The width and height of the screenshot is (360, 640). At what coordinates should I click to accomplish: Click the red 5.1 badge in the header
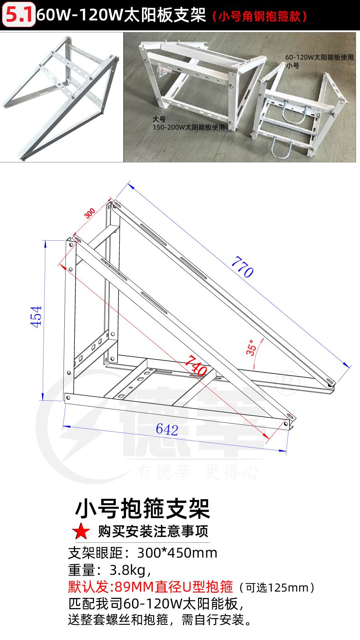pyautogui.click(x=18, y=14)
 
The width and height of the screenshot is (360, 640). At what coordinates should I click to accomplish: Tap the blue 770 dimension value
pyautogui.click(x=242, y=267)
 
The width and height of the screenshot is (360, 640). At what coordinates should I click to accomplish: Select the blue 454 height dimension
pyautogui.click(x=36, y=316)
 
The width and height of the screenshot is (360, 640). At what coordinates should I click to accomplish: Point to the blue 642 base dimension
pyautogui.click(x=167, y=430)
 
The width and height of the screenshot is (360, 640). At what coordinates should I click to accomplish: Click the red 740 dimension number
pyautogui.click(x=196, y=366)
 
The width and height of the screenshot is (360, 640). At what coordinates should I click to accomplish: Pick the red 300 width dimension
pyautogui.click(x=90, y=213)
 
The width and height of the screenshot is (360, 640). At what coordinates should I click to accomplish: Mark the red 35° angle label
pyautogui.click(x=251, y=348)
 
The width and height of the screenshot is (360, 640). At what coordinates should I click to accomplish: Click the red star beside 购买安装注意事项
pyautogui.click(x=81, y=531)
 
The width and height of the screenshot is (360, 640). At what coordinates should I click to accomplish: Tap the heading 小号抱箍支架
pyautogui.click(x=142, y=508)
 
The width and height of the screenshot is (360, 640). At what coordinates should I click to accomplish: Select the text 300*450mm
pyautogui.click(x=177, y=553)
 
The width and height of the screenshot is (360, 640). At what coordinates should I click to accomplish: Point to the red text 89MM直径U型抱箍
pyautogui.click(x=174, y=587)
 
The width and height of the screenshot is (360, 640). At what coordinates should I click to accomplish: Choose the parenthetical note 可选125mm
pyautogui.click(x=277, y=588)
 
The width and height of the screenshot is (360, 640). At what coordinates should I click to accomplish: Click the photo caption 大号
pyautogui.click(x=159, y=120)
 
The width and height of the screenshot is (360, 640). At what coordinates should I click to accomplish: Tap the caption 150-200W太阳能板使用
pyautogui.click(x=188, y=128)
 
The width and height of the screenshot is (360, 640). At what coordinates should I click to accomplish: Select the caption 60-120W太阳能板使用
pyautogui.click(x=319, y=58)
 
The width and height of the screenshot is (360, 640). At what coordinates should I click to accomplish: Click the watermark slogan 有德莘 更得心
pyautogui.click(x=197, y=472)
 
